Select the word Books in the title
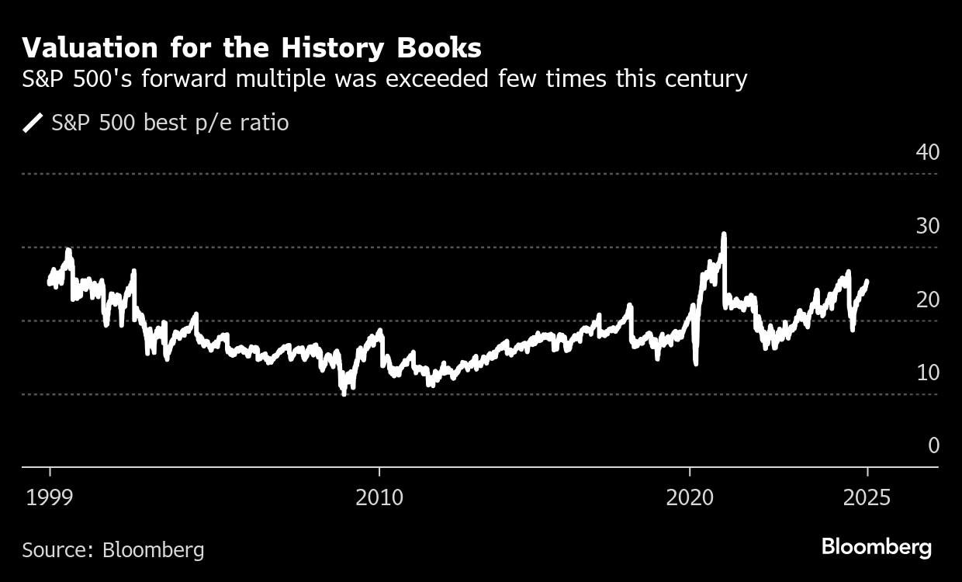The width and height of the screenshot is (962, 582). click(439, 48)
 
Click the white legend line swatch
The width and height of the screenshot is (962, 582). click(33, 123)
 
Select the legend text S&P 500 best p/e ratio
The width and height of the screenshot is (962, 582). click(170, 123)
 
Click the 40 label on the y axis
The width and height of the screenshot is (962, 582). click(927, 152)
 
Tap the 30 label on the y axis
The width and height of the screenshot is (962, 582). click(927, 226)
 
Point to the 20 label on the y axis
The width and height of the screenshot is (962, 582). click(927, 300)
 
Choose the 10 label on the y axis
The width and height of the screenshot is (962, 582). click(927, 372)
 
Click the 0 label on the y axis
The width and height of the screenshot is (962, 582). click(933, 445)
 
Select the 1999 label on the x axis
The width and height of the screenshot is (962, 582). click(50, 497)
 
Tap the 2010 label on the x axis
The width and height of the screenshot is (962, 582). click(379, 497)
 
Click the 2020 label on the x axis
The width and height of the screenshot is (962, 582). click(690, 497)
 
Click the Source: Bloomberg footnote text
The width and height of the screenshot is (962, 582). click(113, 550)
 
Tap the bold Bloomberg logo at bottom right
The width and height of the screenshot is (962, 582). click(877, 547)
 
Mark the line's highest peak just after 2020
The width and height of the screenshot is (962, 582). click(724, 234)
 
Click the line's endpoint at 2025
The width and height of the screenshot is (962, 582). click(867, 282)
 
